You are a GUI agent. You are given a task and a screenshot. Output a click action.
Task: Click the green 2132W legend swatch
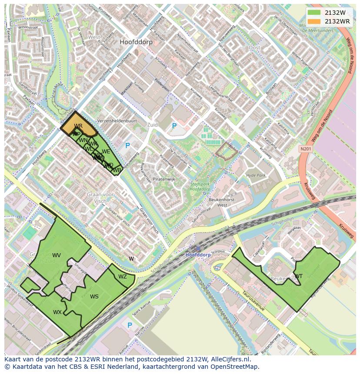314,13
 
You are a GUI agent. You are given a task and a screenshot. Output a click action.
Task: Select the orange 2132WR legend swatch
314,21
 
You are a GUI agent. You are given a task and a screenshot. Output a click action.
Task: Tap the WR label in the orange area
78,126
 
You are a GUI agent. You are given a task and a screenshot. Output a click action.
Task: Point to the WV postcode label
57,255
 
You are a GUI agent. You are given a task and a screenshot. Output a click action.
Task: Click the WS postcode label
94,297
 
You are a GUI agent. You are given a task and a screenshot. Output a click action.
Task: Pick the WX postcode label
57,312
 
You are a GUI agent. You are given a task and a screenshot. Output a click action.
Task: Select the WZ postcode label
123,277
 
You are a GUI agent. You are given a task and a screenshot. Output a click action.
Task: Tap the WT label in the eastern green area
299,276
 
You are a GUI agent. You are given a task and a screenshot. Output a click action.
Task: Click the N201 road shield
306,149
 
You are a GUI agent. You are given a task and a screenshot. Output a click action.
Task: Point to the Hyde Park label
256,175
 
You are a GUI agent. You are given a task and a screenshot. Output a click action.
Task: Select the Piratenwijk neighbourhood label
163,179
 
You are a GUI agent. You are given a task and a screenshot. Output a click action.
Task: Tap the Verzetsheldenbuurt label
117,121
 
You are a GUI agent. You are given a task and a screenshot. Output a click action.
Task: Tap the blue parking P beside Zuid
174,126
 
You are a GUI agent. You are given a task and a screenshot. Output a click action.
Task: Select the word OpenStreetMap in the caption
235,367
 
